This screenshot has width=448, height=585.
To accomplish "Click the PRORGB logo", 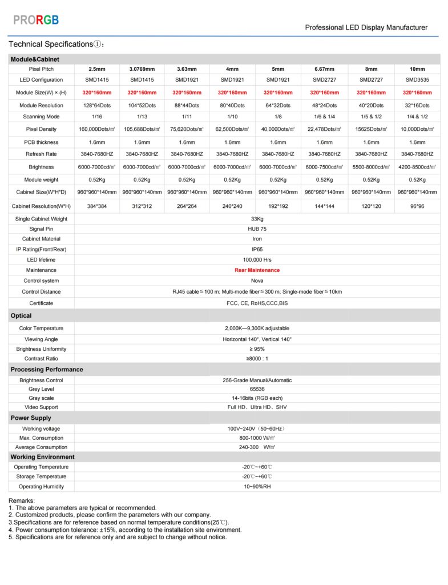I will [36, 20].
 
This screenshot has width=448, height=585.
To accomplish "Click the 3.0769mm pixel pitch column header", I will [142, 69].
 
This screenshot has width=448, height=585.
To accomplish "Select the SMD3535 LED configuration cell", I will [417, 80].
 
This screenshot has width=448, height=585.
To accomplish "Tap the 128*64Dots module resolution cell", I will [97, 106].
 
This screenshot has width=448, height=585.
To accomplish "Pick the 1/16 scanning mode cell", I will [97, 117].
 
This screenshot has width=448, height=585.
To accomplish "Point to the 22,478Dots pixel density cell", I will [324, 130].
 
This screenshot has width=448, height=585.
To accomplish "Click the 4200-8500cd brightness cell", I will [417, 167].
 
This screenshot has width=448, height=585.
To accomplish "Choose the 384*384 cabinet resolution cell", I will [97, 206].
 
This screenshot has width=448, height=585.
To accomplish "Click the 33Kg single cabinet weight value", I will [257, 219].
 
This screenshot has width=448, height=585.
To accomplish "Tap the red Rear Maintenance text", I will [257, 270].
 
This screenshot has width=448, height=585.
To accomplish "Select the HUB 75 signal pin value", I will [257, 229].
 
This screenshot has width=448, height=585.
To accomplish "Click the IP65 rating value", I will [257, 250].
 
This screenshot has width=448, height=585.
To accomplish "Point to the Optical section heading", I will [21, 316].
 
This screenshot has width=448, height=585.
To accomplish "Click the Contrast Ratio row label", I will [41, 359].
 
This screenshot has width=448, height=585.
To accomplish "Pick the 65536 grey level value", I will [257, 389].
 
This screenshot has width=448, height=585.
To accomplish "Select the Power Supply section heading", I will [31, 418].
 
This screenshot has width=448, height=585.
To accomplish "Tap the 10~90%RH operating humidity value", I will [257, 487].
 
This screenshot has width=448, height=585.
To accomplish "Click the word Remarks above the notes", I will [22, 501].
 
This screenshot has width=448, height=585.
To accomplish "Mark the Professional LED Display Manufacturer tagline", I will [366, 27].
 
